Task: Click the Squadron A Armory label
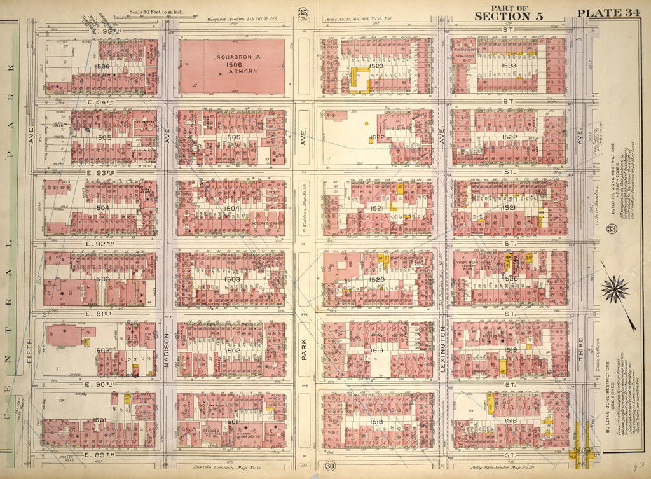coord(232,64)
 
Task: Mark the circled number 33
coord(612,230)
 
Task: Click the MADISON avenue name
coord(167,349)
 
